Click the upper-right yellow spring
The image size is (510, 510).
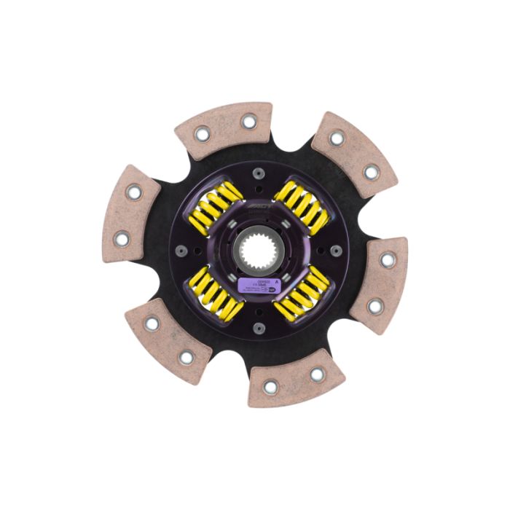click(x=299, y=206)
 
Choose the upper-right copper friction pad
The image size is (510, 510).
click(x=354, y=154)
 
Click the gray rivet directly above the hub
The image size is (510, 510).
click(x=256, y=173)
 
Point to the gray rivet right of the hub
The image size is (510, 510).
click(x=336, y=253)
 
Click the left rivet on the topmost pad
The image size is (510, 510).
click(x=202, y=133)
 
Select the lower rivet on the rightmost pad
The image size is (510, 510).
click(x=375, y=306)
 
